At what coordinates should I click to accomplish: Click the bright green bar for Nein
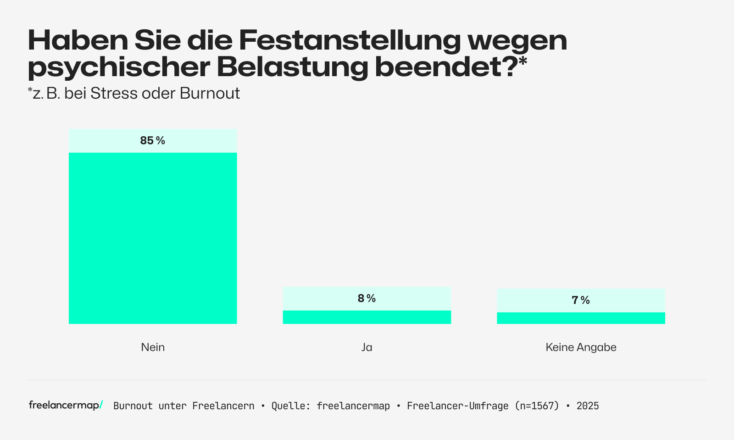click(x=153, y=238)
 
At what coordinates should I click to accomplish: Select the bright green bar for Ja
click(x=367, y=317)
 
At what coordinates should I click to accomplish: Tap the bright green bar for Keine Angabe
click(x=581, y=318)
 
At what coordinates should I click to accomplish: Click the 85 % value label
click(x=152, y=141)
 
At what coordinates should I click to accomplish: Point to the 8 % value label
click(x=367, y=299)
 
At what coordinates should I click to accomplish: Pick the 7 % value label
click(x=581, y=300)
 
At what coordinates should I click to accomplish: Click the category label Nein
click(x=153, y=347)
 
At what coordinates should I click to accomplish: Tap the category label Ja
click(x=367, y=347)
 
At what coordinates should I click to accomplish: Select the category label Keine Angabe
click(x=581, y=347)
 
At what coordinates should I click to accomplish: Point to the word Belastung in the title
click(x=292, y=67)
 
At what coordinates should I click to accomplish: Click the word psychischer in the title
click(x=119, y=68)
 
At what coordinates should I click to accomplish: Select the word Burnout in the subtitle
click(x=210, y=94)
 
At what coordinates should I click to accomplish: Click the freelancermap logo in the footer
click(x=66, y=405)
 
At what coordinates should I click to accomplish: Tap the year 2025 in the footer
click(x=588, y=406)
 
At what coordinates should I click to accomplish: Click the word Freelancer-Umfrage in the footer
click(x=457, y=406)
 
